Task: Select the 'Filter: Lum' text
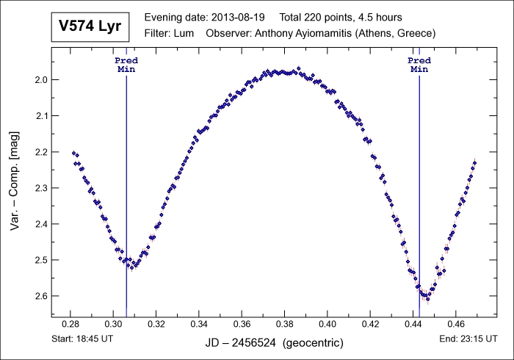pos(170,33)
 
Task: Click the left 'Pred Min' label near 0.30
pos(126,65)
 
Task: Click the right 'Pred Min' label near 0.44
pos(419,65)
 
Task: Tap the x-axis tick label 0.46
pos(456,323)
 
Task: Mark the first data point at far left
pos(73,153)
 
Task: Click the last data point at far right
pos(475,162)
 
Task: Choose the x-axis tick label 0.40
pos(327,323)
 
